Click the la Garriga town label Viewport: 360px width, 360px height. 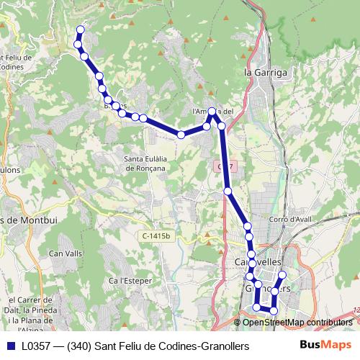[266, 73]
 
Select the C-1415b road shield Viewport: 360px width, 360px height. [156, 235]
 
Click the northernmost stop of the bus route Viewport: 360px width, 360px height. [80, 30]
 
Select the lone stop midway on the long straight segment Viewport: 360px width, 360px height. [228, 191]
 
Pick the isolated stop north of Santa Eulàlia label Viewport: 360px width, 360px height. [181, 135]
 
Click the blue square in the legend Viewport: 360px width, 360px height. [10, 346]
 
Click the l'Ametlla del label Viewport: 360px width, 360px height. [213, 112]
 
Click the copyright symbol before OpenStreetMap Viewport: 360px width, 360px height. [238, 323]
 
